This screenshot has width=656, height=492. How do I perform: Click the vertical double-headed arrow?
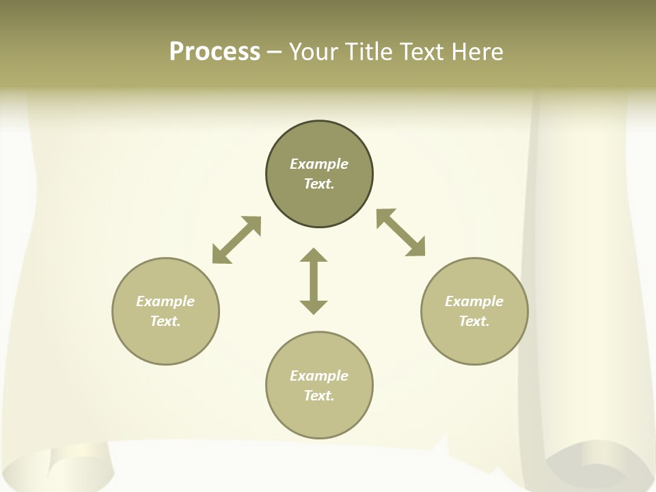(314, 281)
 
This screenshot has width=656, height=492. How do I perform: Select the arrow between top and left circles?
(236, 240)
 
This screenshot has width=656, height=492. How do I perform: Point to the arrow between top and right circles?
(401, 232)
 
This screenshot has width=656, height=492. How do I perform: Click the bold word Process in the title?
(215, 52)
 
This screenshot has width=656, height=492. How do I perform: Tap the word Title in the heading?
(370, 52)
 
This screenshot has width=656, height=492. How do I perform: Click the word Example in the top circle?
(319, 164)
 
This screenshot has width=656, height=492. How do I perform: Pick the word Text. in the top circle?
(319, 184)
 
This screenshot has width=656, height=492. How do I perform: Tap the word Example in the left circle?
(165, 301)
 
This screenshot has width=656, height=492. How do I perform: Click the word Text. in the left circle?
(165, 321)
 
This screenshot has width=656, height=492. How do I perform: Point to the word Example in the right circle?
(474, 301)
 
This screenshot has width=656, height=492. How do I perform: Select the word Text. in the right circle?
(474, 321)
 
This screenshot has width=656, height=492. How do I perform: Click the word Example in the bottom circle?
(319, 376)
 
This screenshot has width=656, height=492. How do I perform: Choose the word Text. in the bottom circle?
(319, 396)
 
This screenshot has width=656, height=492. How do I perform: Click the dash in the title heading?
(275, 53)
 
